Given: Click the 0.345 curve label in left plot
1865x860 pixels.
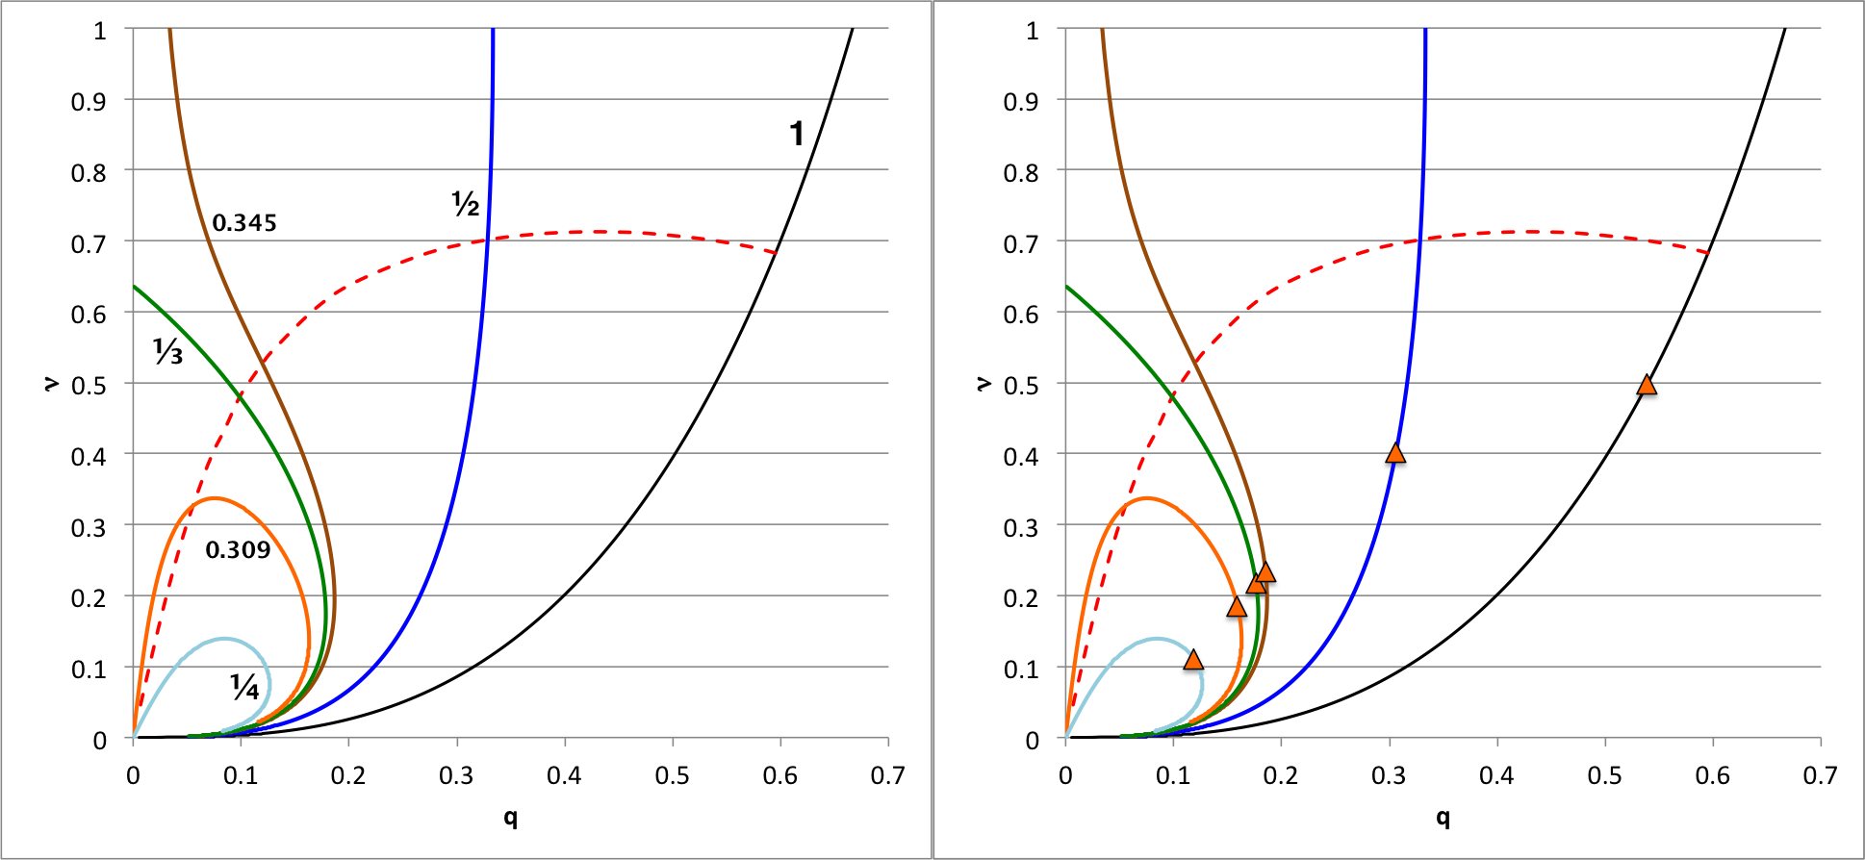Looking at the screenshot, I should [x=244, y=223].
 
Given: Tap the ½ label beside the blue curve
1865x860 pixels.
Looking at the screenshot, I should [x=466, y=204].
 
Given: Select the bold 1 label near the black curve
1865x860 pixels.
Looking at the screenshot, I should [x=797, y=134].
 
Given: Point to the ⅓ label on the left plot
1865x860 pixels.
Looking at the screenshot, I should [x=167, y=352].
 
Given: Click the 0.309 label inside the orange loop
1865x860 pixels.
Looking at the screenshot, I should [x=238, y=550].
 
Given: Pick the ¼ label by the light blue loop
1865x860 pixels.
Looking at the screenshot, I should [x=244, y=687].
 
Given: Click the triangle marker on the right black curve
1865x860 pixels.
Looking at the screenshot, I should [x=1647, y=386].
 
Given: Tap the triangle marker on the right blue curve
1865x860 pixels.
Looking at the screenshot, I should [x=1395, y=453].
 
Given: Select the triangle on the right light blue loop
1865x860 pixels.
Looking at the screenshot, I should [x=1193, y=660].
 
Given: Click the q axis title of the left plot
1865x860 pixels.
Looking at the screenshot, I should [x=510, y=818].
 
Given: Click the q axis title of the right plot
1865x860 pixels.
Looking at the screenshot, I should [x=1443, y=818].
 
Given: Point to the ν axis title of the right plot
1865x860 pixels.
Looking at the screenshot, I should [x=984, y=383].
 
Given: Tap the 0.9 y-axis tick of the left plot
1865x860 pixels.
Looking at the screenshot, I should [x=89, y=102].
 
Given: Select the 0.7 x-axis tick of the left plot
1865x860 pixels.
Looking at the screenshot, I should [x=887, y=775].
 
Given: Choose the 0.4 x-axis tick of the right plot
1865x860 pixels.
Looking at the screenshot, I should [x=1496, y=775].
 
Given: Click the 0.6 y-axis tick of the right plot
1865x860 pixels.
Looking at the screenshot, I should [x=1021, y=315].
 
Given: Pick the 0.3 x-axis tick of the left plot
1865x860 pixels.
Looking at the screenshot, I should [x=456, y=775].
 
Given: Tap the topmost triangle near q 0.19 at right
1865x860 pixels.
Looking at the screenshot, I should [x=1265, y=572].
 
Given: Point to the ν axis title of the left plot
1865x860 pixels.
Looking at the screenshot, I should [x=51, y=383].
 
